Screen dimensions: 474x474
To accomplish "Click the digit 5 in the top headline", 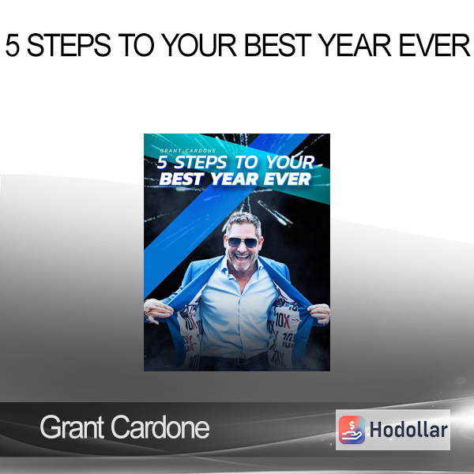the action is [13, 45].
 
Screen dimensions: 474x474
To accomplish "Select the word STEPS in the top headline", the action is [69, 45].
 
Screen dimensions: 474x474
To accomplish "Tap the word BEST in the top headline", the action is [278, 45].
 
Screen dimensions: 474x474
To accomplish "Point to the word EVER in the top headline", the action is [434, 45].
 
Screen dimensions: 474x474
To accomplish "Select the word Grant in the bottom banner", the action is [72, 427].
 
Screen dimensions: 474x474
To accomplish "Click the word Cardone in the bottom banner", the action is [160, 427].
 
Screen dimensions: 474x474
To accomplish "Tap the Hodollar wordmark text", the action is [408, 430].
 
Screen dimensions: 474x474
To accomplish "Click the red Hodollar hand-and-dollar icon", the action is [352, 430].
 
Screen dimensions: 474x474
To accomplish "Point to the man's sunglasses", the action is [243, 242].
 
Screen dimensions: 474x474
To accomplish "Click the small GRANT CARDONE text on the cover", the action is [188, 151].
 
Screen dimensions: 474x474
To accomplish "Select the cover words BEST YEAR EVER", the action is [235, 179].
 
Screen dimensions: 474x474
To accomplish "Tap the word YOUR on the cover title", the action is [290, 163].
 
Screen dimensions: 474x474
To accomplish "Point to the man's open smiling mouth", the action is [243, 258].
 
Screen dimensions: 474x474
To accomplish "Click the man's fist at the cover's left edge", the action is [156, 310].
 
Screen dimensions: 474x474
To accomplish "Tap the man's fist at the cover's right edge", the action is [319, 313].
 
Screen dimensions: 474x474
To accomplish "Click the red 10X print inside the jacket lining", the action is [283, 321].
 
